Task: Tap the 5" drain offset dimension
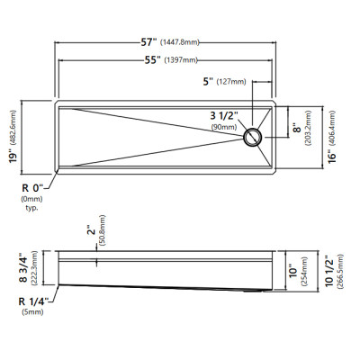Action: pyautogui.click(x=208, y=81)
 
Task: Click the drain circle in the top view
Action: pyautogui.click(x=253, y=138)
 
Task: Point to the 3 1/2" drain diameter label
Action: pyautogui.click(x=224, y=115)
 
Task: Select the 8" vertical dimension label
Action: pyautogui.click(x=297, y=128)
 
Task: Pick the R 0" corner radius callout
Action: pyautogui.click(x=33, y=188)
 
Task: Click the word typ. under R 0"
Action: pyautogui.click(x=31, y=208)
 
